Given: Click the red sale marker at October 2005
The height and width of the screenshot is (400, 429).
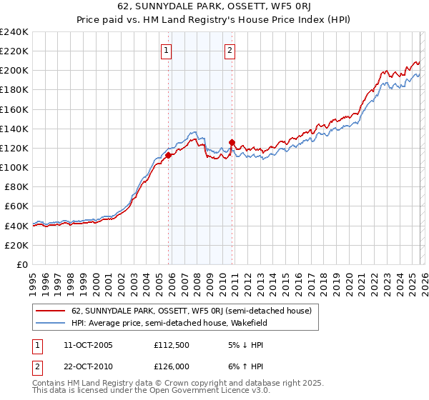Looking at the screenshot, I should pyautogui.click(x=169, y=155).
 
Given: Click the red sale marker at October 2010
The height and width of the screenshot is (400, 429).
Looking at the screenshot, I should pyautogui.click(x=232, y=142).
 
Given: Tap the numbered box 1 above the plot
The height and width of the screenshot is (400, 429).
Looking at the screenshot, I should pyautogui.click(x=166, y=50).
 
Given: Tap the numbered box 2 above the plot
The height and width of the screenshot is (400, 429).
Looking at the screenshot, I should pyautogui.click(x=230, y=50).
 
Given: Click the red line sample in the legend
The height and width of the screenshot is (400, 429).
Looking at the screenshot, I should pyautogui.click(x=51, y=311).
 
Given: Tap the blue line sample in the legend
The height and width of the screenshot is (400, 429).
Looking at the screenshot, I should pyautogui.click(x=51, y=323).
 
